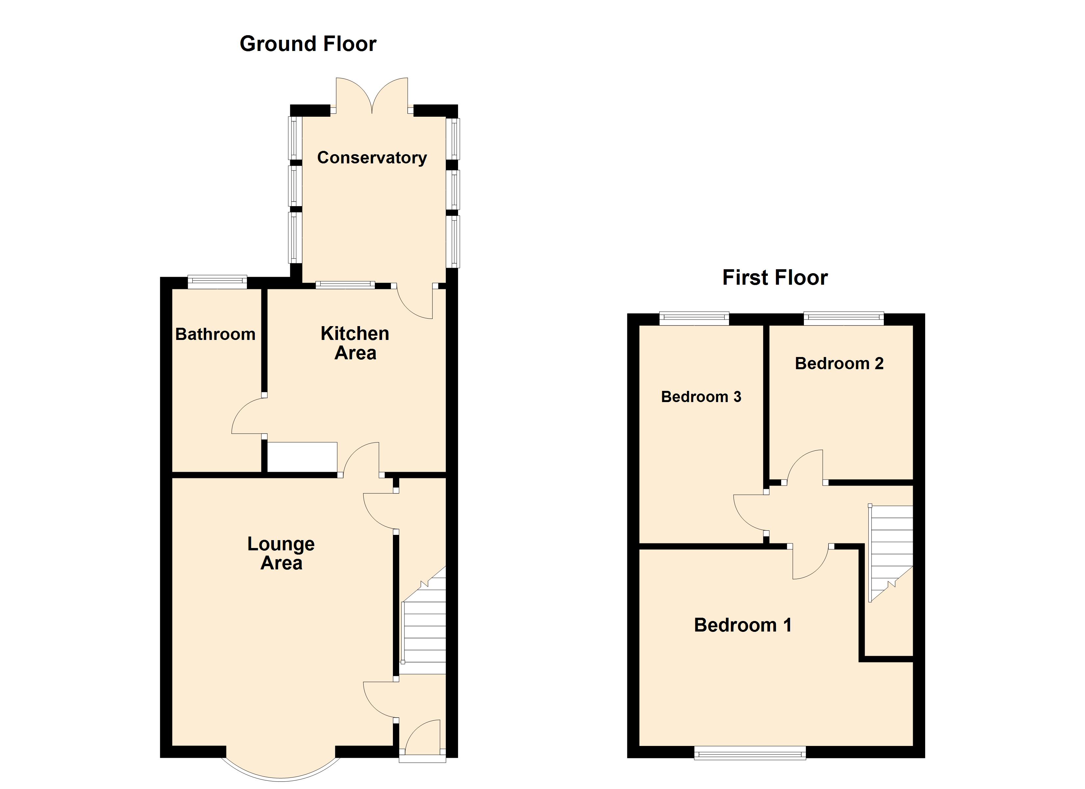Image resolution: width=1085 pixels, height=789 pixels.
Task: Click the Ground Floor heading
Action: point(308,44)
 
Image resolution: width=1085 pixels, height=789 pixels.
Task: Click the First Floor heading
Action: point(775,277)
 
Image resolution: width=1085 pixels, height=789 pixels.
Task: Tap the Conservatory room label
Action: point(372,157)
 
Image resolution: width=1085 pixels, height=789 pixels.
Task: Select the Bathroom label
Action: point(215,334)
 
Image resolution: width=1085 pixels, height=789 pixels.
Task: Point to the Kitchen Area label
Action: point(355,343)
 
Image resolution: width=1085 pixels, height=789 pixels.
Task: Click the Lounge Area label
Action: point(281,554)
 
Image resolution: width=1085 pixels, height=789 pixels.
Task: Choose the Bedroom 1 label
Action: point(742,625)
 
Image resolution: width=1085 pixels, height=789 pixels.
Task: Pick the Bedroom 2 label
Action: point(839,364)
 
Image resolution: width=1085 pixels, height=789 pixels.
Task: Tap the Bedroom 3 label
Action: point(701,397)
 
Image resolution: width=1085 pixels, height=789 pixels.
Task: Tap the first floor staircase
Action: point(891,550)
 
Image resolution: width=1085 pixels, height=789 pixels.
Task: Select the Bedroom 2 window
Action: point(843,318)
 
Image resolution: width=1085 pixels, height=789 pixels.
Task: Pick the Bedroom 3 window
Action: point(694,318)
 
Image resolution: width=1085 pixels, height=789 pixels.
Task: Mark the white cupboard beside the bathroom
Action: point(302,457)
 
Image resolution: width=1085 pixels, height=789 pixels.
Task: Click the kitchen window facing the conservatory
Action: point(345,285)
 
